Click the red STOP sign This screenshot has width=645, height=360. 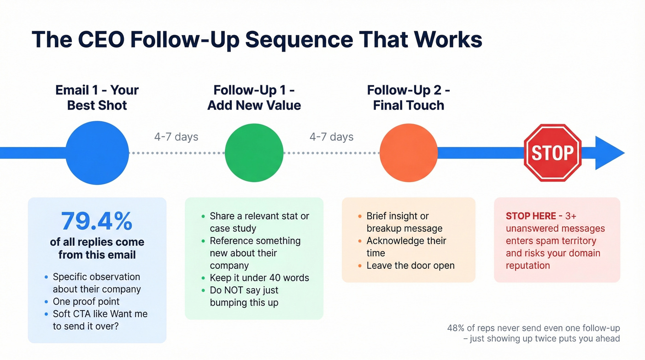pyautogui.click(x=552, y=153)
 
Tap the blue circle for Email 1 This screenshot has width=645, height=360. pyautogui.click(x=97, y=153)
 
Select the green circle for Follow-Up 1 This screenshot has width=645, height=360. pyautogui.click(x=254, y=153)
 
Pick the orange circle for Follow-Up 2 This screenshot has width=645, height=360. pyautogui.click(x=408, y=153)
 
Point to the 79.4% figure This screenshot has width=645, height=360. pyautogui.click(x=97, y=221)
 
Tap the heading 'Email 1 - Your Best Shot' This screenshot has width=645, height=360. pyautogui.click(x=97, y=97)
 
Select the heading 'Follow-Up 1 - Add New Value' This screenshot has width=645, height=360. pyautogui.click(x=254, y=97)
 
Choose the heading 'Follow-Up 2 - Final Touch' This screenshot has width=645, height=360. pyautogui.click(x=409, y=97)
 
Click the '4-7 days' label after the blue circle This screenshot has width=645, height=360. pyautogui.click(x=176, y=137)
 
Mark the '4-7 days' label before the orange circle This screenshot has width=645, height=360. pyautogui.click(x=331, y=137)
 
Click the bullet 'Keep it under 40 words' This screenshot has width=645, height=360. pyautogui.click(x=259, y=278)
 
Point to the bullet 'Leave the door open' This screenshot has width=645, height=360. pyautogui.click(x=410, y=266)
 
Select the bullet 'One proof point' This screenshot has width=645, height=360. pyautogui.click(x=86, y=301)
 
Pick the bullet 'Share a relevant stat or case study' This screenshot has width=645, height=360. pyautogui.click(x=259, y=222)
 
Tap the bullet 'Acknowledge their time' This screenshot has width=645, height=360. pyautogui.click(x=406, y=247)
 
